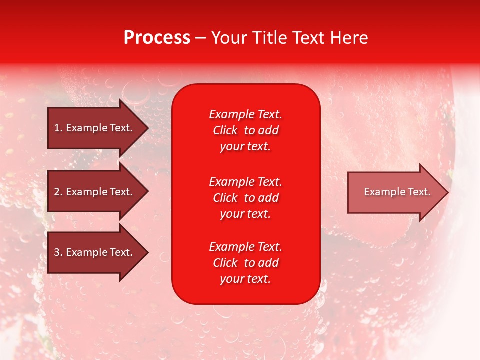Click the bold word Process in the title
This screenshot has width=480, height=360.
[157, 38]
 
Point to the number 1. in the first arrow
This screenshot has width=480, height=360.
[58, 128]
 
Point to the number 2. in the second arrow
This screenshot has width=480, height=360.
[58, 192]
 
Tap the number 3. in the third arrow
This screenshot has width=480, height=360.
[58, 252]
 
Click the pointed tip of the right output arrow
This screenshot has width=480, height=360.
[447, 192]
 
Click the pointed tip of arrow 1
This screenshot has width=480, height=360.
[147, 128]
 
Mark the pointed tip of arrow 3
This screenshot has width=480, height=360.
[147, 252]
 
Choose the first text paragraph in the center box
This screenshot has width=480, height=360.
[245, 130]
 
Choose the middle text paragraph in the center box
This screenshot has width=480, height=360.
[245, 198]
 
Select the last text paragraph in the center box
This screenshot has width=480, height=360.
[245, 263]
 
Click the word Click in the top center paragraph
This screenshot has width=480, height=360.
[225, 130]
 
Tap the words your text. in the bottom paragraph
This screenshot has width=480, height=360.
[245, 279]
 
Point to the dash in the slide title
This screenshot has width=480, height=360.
[200, 38]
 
